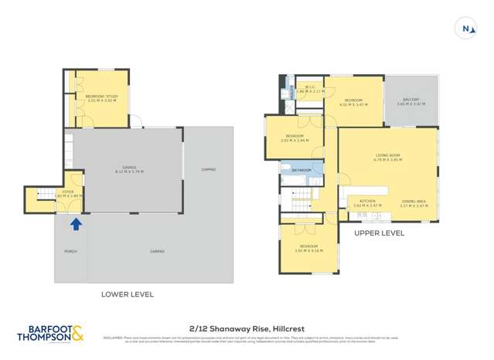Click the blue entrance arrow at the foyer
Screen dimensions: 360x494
75,225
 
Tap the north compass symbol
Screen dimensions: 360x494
466,29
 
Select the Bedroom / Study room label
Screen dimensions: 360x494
101,97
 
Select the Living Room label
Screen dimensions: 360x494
387,158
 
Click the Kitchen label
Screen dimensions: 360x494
367,203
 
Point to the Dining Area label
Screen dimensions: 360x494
414,203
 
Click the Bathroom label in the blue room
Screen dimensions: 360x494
302,170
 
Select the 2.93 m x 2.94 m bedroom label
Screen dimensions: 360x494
295,139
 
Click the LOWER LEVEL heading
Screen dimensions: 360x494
128,294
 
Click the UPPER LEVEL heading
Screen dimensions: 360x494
379,233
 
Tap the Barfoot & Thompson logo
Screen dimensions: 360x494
51,332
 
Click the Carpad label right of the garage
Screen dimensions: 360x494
208,168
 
